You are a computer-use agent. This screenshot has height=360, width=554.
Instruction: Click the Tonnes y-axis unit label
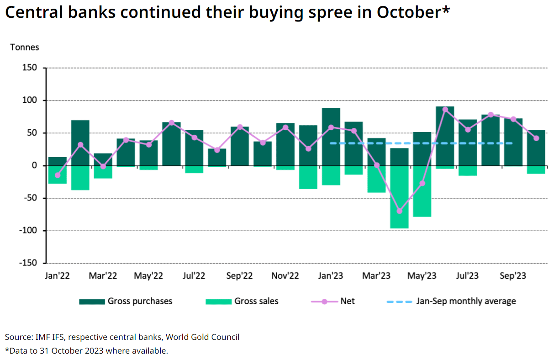[25, 47]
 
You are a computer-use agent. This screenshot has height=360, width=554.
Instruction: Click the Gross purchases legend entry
[140, 301]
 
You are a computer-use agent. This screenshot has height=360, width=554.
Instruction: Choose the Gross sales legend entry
[256, 301]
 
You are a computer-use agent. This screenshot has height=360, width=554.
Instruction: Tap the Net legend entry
[347, 301]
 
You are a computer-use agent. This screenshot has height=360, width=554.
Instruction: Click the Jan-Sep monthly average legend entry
[466, 301]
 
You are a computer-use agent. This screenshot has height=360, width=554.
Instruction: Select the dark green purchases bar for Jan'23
[331, 137]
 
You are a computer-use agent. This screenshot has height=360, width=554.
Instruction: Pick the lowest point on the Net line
[400, 211]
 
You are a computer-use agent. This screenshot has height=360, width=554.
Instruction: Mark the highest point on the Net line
[445, 110]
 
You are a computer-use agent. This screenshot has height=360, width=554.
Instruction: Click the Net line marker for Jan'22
[58, 175]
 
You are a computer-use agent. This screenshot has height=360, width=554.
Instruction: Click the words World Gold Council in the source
[202, 337]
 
